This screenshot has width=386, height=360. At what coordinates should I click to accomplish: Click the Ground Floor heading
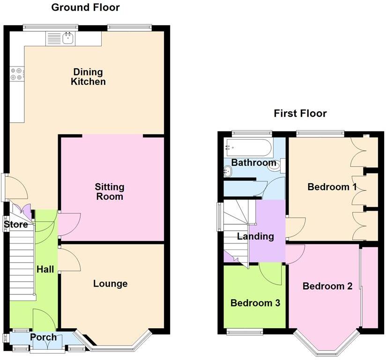click(85, 7)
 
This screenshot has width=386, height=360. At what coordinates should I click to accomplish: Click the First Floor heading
click(300, 113)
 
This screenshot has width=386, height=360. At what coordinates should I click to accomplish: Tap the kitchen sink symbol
click(68, 38)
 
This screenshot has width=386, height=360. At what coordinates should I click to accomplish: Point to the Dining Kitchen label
click(88, 77)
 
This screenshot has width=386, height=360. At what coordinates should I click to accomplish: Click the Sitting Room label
click(110, 191)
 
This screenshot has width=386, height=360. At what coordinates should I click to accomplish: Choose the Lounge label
click(110, 284)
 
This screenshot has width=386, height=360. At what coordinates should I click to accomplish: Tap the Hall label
click(45, 269)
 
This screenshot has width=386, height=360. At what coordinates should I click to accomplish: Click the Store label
click(16, 225)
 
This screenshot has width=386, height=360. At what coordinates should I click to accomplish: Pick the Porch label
click(43, 337)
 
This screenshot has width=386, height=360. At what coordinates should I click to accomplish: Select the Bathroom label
click(253, 163)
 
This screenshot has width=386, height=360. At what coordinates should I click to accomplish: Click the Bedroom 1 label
click(332, 187)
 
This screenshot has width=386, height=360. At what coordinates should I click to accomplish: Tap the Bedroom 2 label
click(327, 286)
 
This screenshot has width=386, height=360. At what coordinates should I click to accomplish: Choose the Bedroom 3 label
click(255, 303)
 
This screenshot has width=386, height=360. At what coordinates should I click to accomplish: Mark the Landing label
click(255, 236)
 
